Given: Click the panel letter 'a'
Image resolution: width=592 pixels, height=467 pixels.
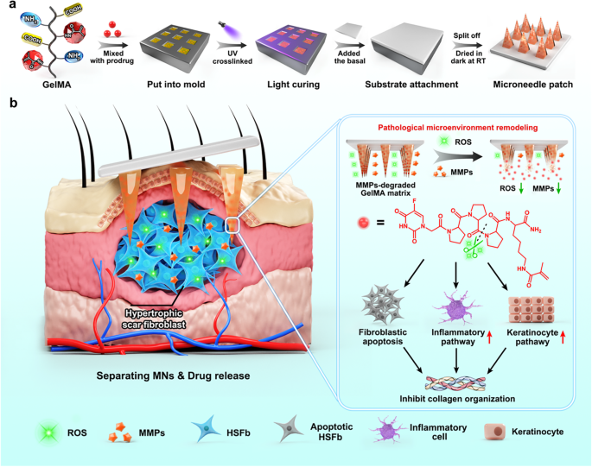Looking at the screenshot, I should point(9,8).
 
